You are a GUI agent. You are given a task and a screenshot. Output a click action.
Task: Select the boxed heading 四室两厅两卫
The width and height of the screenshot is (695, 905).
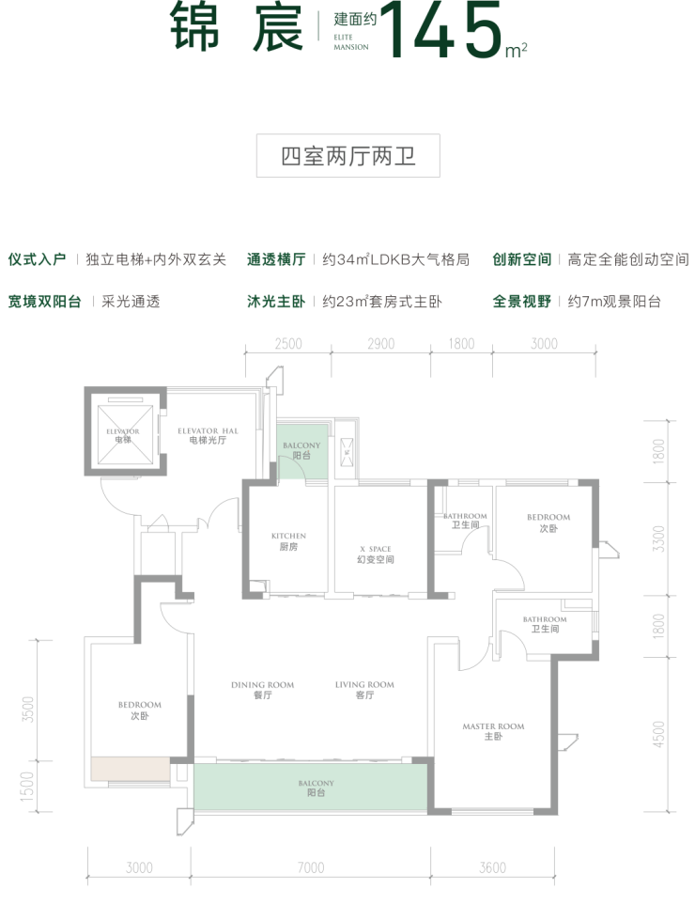click(347, 157)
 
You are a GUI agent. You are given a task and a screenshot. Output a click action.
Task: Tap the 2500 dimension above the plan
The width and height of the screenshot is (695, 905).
click(288, 344)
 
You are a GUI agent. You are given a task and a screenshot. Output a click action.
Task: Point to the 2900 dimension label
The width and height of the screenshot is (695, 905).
click(380, 344)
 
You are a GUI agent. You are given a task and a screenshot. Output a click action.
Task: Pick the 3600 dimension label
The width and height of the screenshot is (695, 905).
click(492, 867)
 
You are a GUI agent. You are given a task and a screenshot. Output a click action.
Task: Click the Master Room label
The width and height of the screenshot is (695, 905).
click(493, 731)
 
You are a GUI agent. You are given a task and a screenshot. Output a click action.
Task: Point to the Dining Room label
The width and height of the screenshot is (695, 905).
click(262, 690)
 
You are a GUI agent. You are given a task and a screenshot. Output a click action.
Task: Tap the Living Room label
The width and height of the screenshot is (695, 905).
click(363, 690)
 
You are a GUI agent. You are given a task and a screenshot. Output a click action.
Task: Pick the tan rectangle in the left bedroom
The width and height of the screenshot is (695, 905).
click(131, 770)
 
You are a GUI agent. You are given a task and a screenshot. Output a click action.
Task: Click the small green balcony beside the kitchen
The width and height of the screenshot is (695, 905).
click(301, 451)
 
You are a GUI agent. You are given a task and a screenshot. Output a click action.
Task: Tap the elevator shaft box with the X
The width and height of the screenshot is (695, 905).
click(124, 432)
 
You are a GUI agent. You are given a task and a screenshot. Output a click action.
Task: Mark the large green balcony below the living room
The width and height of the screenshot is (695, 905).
click(310, 787)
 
